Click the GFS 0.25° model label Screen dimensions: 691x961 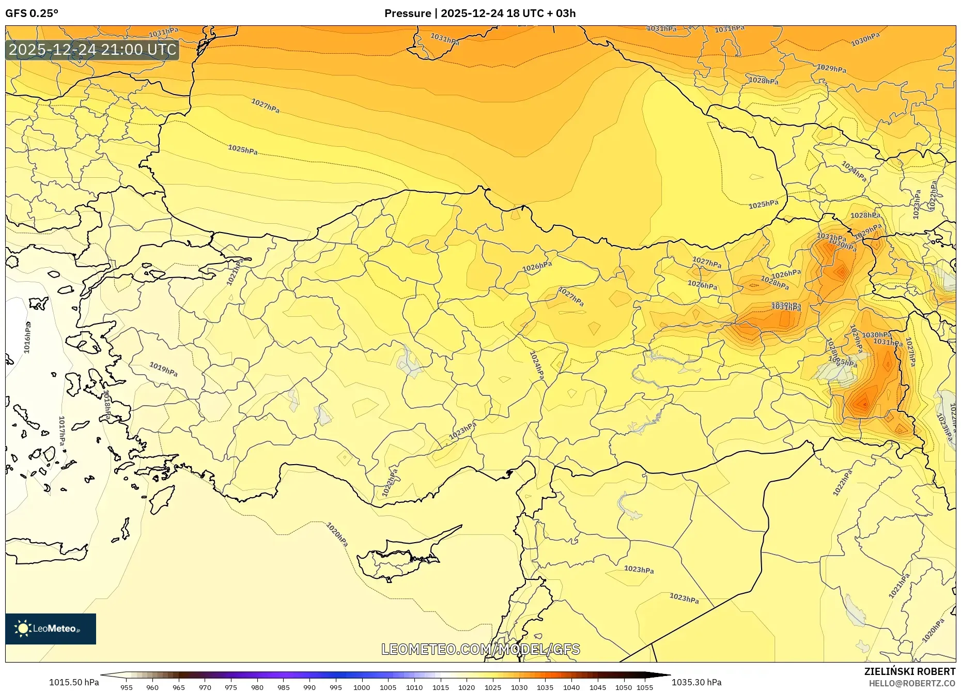pyautogui.click(x=32, y=13)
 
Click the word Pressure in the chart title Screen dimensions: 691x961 pyautogui.click(x=408, y=13)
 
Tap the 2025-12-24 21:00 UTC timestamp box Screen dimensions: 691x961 pyautogui.click(x=92, y=50)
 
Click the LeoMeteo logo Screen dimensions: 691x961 pyautogui.click(x=51, y=628)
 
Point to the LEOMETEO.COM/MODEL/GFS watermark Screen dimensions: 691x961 pyautogui.click(x=481, y=649)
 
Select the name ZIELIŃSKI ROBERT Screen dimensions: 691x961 pyautogui.click(x=909, y=671)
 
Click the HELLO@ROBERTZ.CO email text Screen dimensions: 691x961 pyautogui.click(x=912, y=683)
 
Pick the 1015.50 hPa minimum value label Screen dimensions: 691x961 pyautogui.click(x=73, y=682)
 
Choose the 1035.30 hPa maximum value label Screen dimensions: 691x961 pyautogui.click(x=696, y=682)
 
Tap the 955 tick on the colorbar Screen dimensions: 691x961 pyautogui.click(x=127, y=687)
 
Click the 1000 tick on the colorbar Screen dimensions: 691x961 pyautogui.click(x=362, y=687)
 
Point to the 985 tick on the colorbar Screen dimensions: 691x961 pyautogui.click(x=283, y=687)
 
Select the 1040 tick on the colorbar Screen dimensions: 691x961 pyautogui.click(x=571, y=687)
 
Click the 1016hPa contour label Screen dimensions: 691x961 pyautogui.click(x=28, y=337)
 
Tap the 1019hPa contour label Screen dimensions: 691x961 pyautogui.click(x=163, y=369)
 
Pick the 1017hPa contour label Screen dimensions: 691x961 pyautogui.click(x=62, y=431)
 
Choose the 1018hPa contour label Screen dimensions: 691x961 pyautogui.click(x=107, y=405)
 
